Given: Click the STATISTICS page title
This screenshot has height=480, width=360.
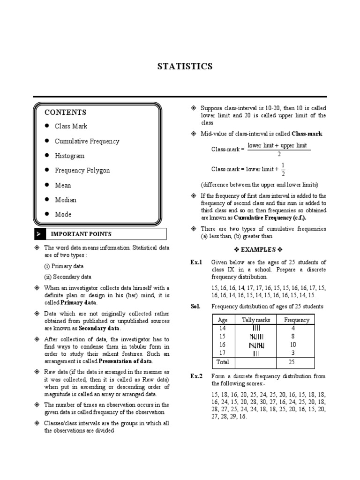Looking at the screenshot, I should click(185, 66).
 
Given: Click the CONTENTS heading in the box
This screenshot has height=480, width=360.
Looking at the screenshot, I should click(65, 112).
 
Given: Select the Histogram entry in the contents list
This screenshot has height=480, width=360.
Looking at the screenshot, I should click(69, 156).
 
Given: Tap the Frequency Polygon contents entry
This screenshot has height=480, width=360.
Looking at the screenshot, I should click(82, 170).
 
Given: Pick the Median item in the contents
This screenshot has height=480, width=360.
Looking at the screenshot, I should click(66, 200).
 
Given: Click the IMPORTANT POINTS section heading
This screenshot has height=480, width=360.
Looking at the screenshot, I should click(81, 234).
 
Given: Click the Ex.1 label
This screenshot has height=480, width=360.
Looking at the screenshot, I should click(196, 262).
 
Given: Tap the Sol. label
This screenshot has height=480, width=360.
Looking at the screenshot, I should click(195, 306).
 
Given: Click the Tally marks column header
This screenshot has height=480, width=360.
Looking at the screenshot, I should click(255, 320).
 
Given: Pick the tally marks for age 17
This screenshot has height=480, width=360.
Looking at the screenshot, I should click(255, 353).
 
